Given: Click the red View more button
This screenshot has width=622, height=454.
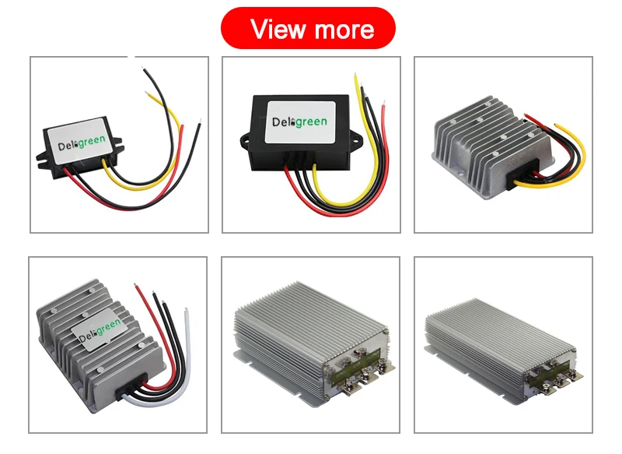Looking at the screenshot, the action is click(309, 29).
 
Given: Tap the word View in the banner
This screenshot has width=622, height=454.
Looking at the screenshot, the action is click(277, 30).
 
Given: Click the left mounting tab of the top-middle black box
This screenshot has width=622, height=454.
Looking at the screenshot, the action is click(242, 141).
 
